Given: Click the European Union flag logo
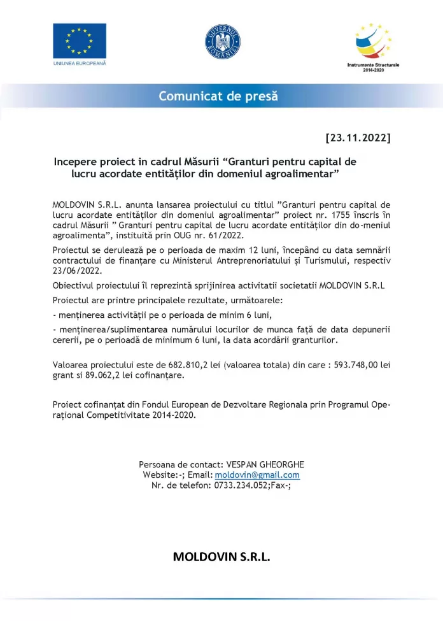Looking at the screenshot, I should (x=80, y=40).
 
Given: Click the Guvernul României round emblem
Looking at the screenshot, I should (x=223, y=39).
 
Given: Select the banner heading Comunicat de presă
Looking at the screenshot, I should (x=218, y=97).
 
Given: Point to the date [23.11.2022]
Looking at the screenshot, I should (x=358, y=138).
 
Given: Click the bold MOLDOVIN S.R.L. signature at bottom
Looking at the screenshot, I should (x=221, y=557).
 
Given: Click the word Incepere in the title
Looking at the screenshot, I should (x=77, y=162).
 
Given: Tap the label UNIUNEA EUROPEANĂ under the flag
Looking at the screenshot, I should (x=80, y=64).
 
